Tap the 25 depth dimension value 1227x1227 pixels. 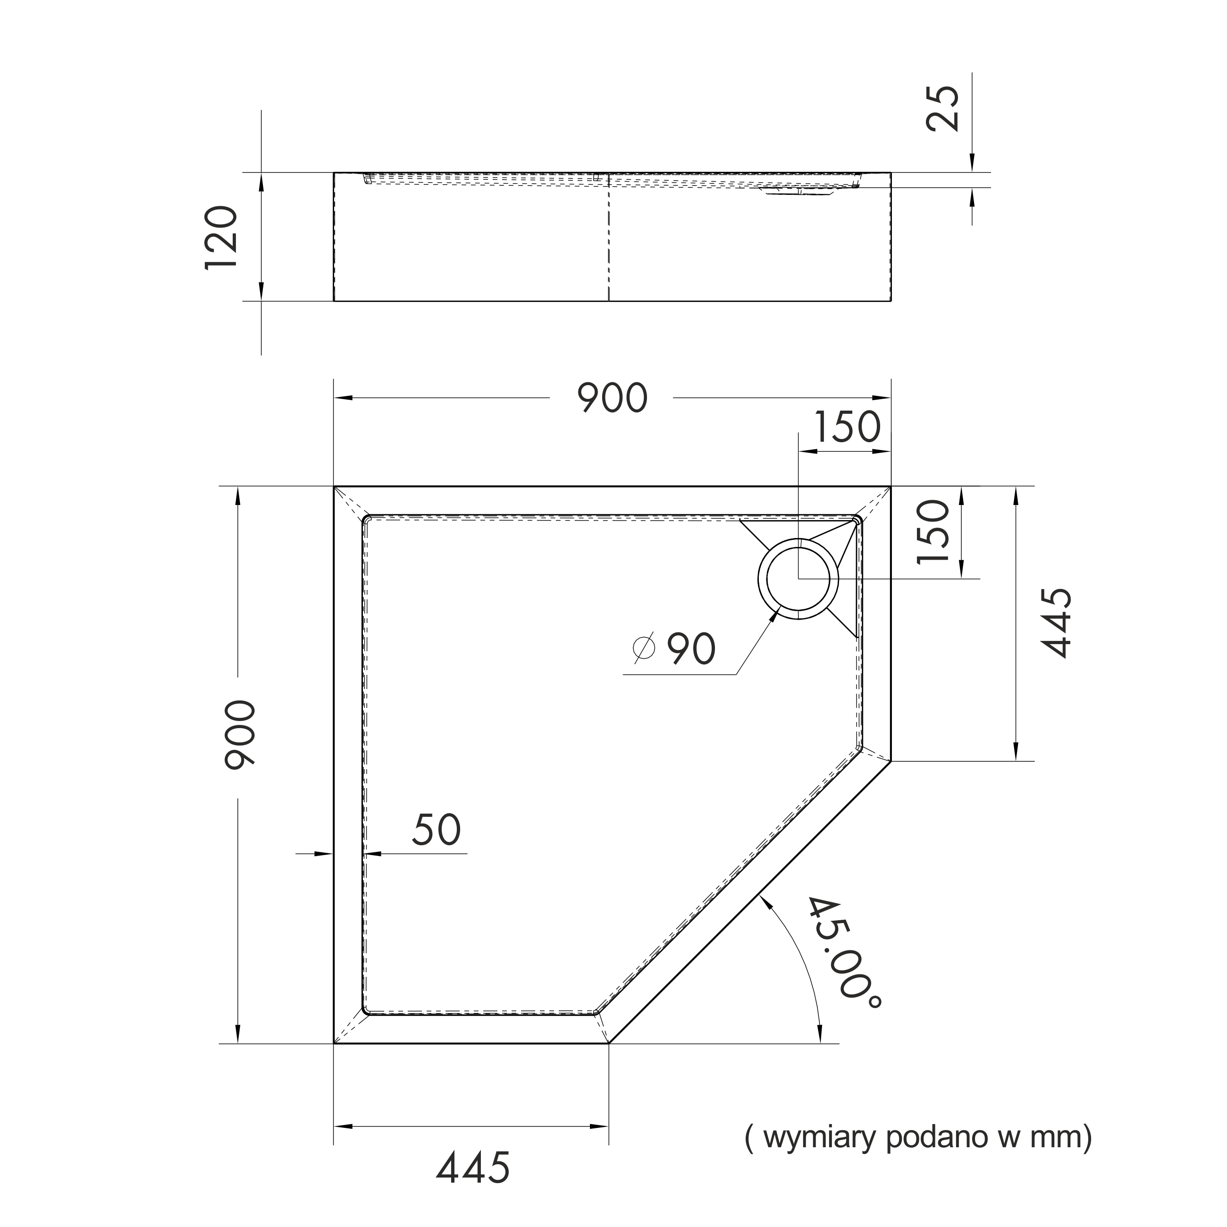(942, 108)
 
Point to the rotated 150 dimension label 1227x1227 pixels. (933, 531)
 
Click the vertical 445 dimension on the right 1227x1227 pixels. (1057, 622)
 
